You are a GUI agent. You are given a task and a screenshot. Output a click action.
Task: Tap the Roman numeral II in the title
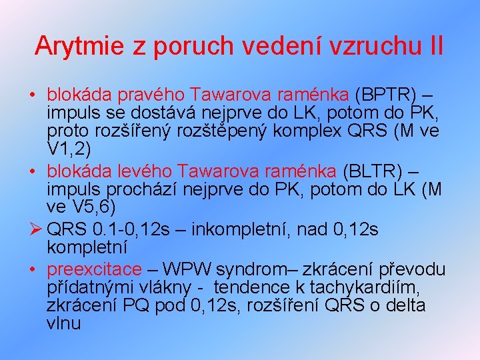tap(436, 46)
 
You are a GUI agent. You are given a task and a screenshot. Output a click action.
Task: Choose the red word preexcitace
tap(94, 269)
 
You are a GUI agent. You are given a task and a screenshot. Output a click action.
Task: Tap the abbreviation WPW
tap(191, 269)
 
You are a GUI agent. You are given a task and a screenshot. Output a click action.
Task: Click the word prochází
tap(132, 189)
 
